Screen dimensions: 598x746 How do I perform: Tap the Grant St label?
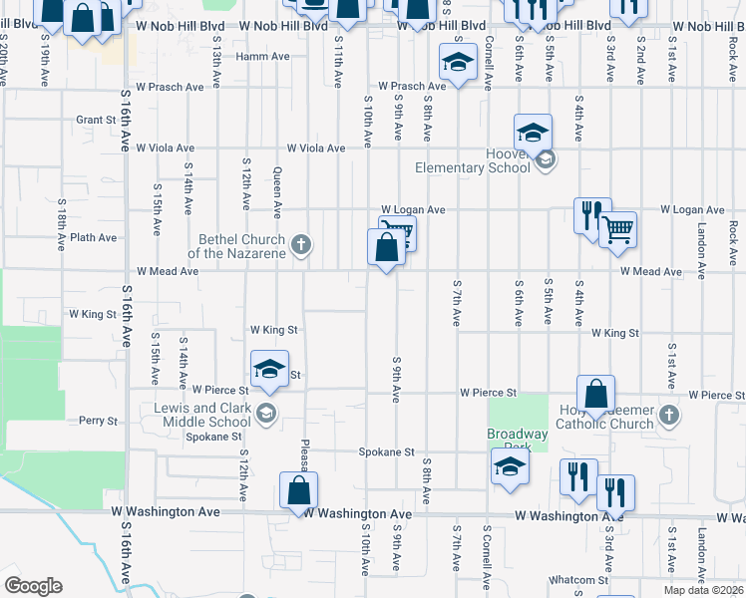point(96,120)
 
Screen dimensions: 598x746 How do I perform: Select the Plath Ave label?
point(93,238)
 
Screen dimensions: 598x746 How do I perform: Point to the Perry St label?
point(99,421)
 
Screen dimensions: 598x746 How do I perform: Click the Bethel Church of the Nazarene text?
point(242,246)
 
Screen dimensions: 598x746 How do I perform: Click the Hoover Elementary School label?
point(473,160)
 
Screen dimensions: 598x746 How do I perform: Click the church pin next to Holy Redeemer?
point(669,414)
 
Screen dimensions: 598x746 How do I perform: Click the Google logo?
point(33,586)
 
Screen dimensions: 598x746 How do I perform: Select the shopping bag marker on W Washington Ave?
point(299,490)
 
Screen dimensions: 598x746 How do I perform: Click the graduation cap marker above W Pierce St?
point(269,370)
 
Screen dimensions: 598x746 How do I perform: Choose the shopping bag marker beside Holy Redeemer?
point(595,394)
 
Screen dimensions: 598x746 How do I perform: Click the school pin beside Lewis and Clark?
point(266,414)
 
